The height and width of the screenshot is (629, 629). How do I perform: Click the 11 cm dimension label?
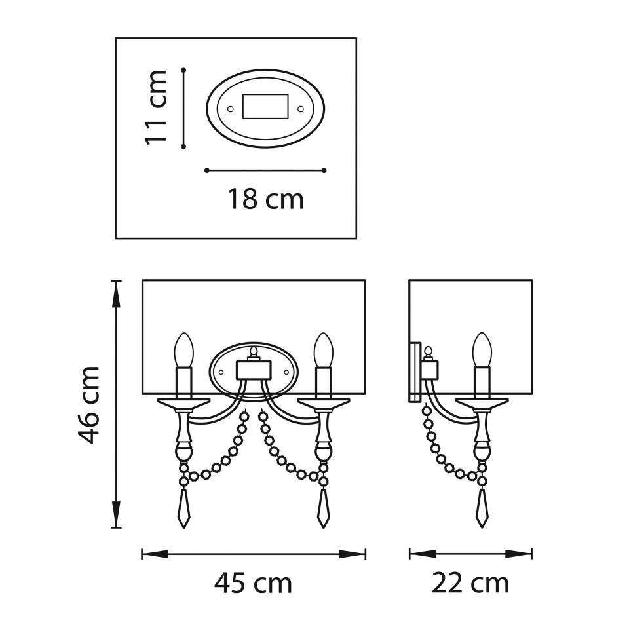pyautogui.click(x=156, y=107)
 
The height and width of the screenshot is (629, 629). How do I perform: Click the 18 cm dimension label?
pyautogui.click(x=265, y=199)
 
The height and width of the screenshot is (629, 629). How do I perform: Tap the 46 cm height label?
pyautogui.click(x=88, y=404)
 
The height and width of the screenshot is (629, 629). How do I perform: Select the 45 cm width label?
pyautogui.click(x=253, y=584)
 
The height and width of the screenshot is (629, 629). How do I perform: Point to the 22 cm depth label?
pyautogui.click(x=470, y=584)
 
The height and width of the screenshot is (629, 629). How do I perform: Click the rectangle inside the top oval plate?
pyautogui.click(x=265, y=107)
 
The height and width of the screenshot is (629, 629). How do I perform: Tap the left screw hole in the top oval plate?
pyautogui.click(x=230, y=109)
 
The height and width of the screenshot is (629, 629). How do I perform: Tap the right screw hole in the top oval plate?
pyautogui.click(x=300, y=109)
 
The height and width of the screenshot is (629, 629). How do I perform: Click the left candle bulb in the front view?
pyautogui.click(x=183, y=350)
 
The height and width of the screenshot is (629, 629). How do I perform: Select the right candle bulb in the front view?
pyautogui.click(x=323, y=350)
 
